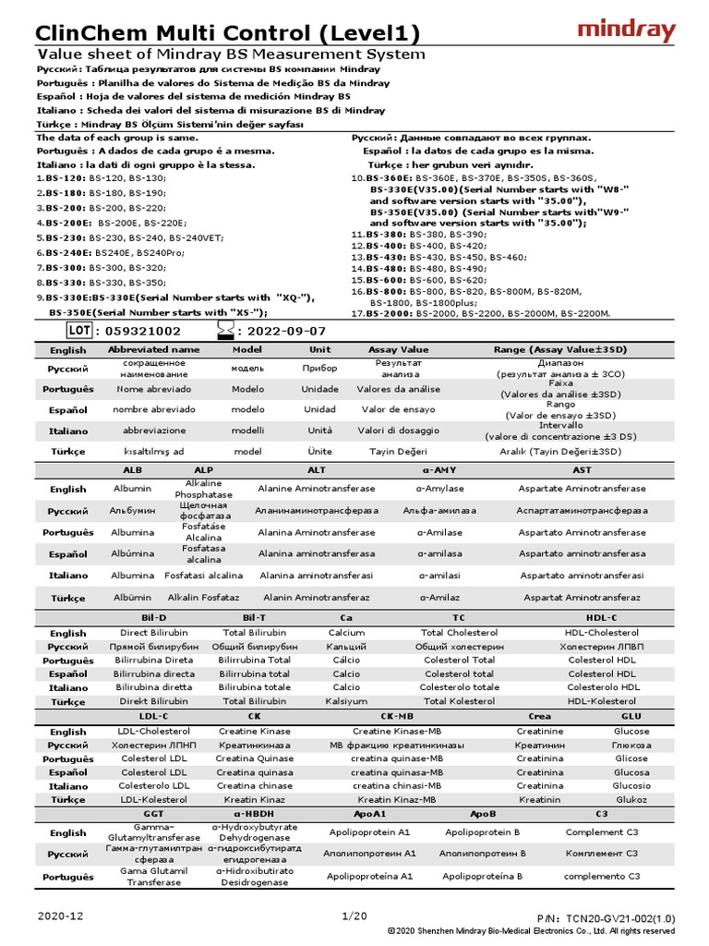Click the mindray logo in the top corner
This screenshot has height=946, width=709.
click(x=626, y=30)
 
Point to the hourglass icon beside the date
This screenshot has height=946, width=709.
click(x=223, y=330)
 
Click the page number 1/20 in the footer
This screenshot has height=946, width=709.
click(x=354, y=916)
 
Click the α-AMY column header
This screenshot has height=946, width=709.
click(x=439, y=470)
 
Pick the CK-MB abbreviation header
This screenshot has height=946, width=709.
click(x=397, y=716)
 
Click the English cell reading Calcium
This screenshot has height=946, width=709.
click(x=346, y=633)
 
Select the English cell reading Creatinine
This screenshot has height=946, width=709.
click(x=540, y=731)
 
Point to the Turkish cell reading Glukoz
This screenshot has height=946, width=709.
click(x=631, y=799)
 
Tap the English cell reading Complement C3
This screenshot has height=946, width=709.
click(x=602, y=832)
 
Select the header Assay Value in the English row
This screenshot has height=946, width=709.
click(x=398, y=350)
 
